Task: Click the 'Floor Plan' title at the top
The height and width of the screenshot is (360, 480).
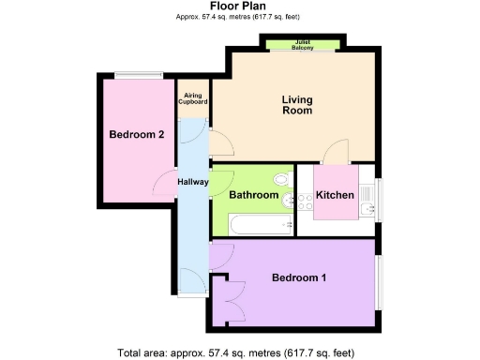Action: tap(239, 7)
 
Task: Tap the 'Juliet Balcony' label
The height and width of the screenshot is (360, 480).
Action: tap(302, 44)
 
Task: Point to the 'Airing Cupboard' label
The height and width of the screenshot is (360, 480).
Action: tap(193, 97)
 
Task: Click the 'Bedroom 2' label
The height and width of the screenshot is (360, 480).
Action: tap(137, 135)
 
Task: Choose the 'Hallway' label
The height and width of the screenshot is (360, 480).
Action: tap(192, 182)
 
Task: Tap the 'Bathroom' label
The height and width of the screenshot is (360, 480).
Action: tap(254, 195)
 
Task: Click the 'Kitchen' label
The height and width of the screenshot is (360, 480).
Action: tap(334, 195)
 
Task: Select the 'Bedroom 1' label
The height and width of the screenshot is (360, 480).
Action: tap(299, 278)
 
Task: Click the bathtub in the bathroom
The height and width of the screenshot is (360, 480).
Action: tap(252, 226)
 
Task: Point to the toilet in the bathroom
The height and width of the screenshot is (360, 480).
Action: tap(278, 179)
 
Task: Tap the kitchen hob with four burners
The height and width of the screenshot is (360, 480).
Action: tap(307, 200)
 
